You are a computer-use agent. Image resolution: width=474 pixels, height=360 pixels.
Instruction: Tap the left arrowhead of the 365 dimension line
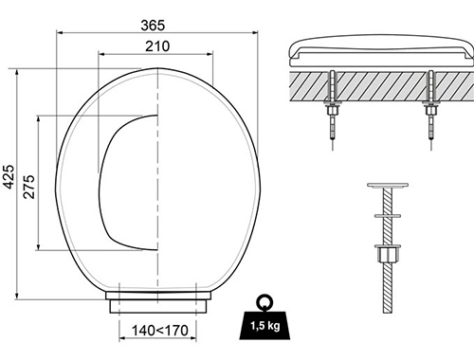(59, 29)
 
